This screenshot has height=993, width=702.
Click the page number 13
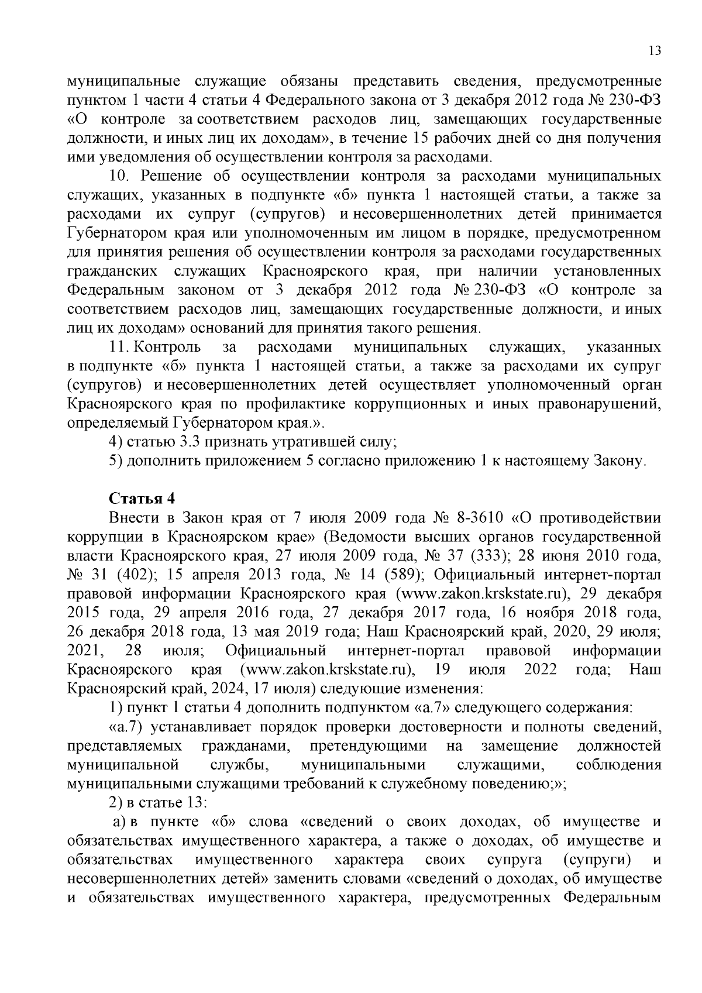[x=655, y=51]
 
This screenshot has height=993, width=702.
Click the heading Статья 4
[x=142, y=499]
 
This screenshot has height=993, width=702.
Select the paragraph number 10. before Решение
[x=122, y=177]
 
